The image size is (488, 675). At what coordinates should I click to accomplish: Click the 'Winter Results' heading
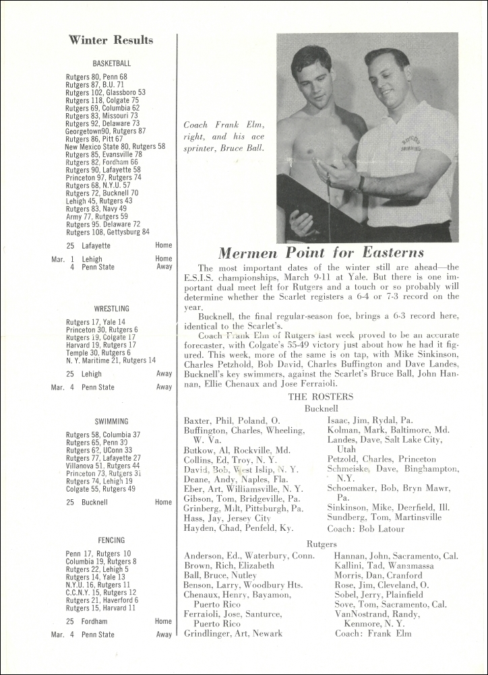click(x=111, y=40)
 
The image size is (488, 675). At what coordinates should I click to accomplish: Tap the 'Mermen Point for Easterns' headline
click(x=321, y=253)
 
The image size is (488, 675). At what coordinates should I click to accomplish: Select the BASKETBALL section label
click(x=112, y=63)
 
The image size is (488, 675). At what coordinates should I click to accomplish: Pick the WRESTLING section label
click(x=112, y=309)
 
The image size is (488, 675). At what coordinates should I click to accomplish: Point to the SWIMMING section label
click(x=112, y=422)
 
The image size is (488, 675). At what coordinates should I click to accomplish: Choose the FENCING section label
click(x=112, y=540)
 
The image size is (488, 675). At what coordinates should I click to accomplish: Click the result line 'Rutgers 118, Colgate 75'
click(x=102, y=100)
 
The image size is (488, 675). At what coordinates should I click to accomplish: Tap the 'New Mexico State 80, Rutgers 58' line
click(x=115, y=146)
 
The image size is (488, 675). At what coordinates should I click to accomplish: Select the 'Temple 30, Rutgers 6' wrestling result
click(x=98, y=352)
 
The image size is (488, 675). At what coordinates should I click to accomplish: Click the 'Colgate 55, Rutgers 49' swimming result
click(x=100, y=489)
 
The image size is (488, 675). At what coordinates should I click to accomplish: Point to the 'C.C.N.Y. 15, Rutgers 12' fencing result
click(x=101, y=593)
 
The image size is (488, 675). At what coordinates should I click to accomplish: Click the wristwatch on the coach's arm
click(x=362, y=183)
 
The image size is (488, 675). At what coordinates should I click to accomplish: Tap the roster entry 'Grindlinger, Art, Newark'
click(x=233, y=634)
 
